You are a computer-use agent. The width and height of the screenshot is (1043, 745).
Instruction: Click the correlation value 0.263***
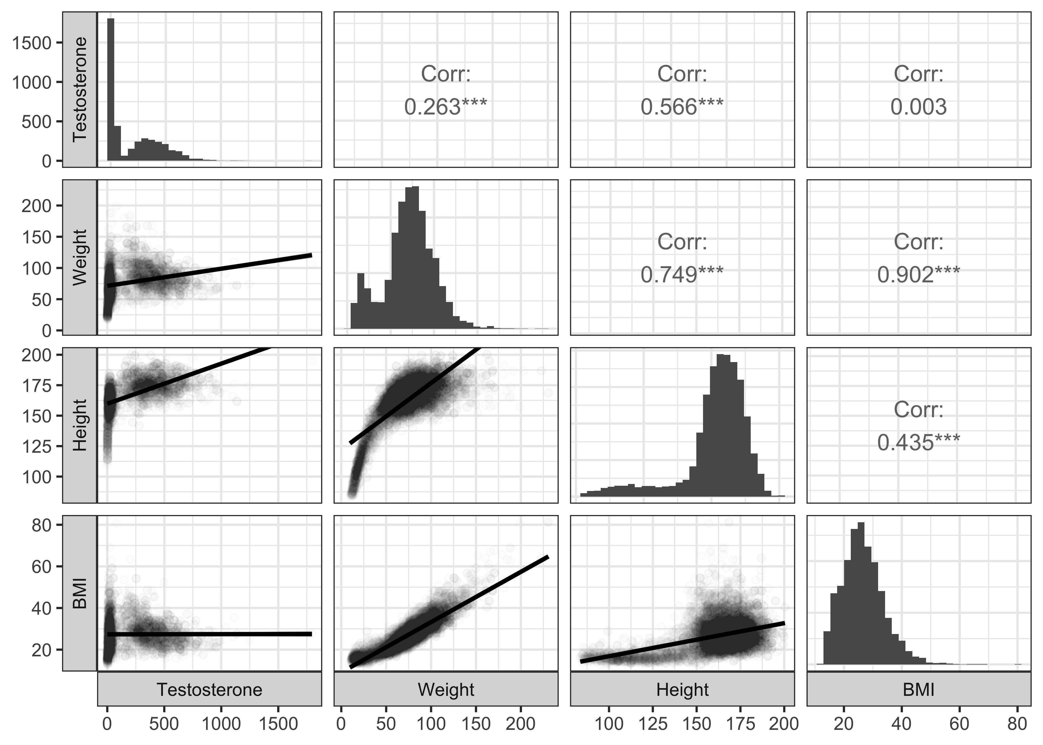445,107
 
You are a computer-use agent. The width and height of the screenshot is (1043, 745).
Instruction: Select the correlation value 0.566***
682,107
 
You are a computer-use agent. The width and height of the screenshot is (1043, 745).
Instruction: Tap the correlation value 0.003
918,107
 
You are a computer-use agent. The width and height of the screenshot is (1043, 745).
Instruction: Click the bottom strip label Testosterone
210,689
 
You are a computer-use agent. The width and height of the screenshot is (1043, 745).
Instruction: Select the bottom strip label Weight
446,689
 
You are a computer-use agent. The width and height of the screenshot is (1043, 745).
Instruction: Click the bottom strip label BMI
918,689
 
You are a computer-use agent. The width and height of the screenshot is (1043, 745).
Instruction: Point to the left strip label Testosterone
80,89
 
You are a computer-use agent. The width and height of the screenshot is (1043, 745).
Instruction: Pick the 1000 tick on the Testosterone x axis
221,724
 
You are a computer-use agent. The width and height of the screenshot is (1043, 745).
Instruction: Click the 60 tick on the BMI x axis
959,724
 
